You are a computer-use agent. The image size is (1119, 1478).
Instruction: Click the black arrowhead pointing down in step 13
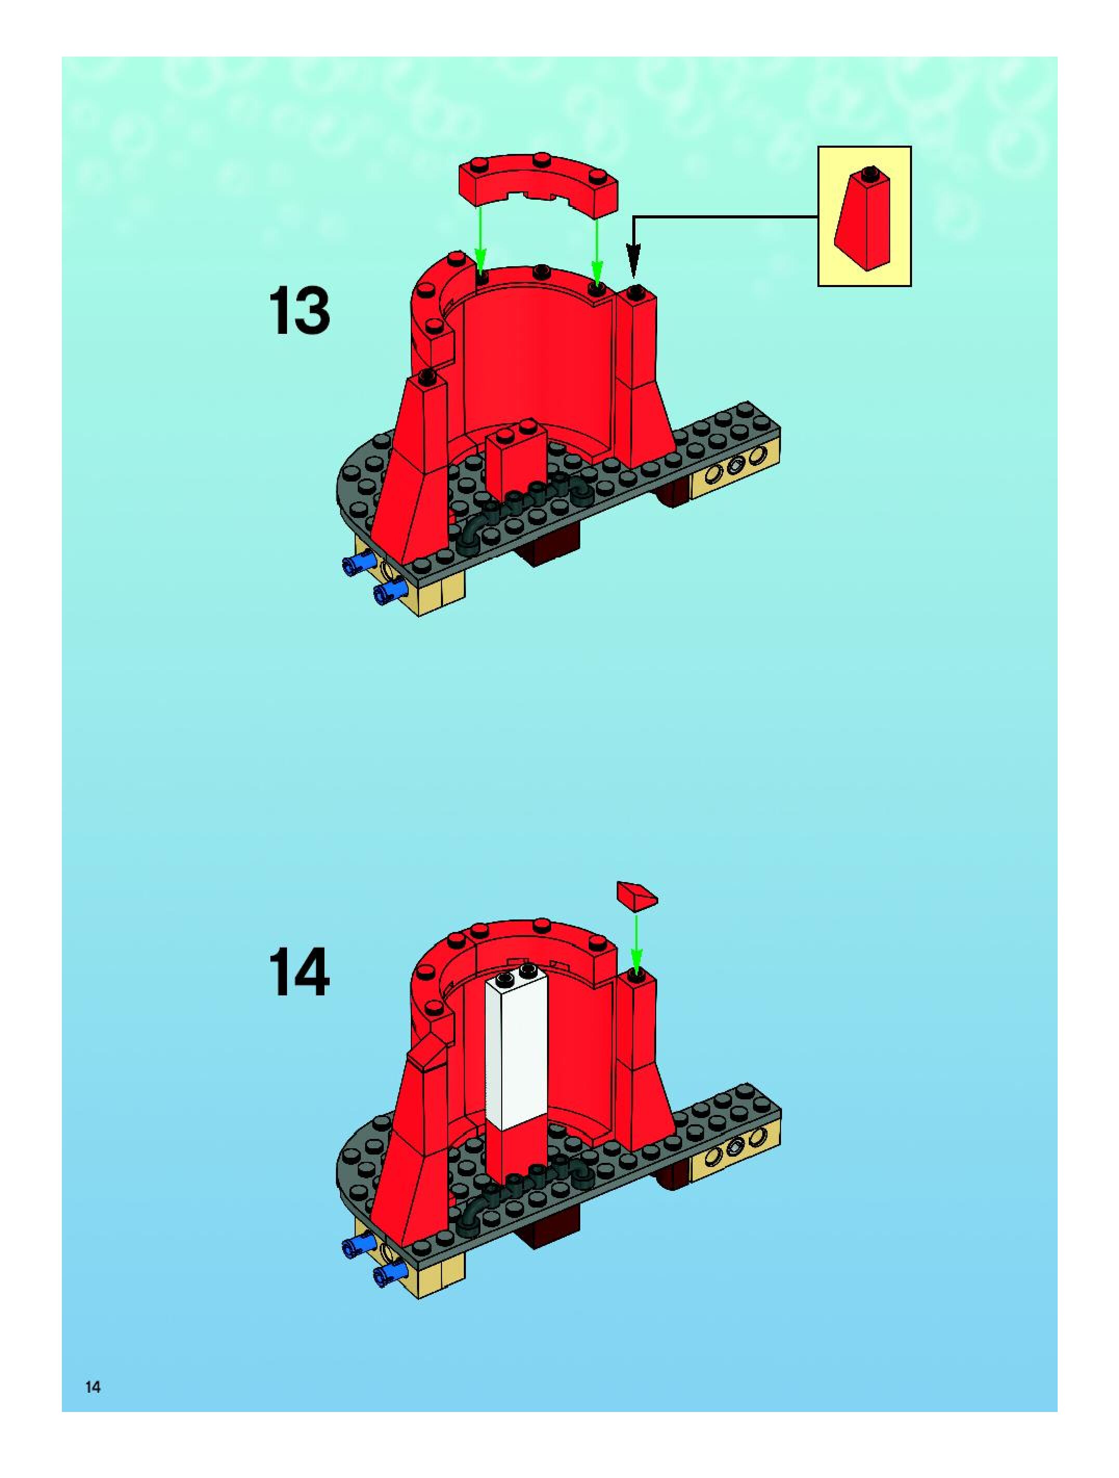click(x=633, y=257)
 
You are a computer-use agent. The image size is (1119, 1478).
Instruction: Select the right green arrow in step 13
click(x=596, y=251)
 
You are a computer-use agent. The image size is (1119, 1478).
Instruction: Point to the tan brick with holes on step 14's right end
click(x=735, y=1154)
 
